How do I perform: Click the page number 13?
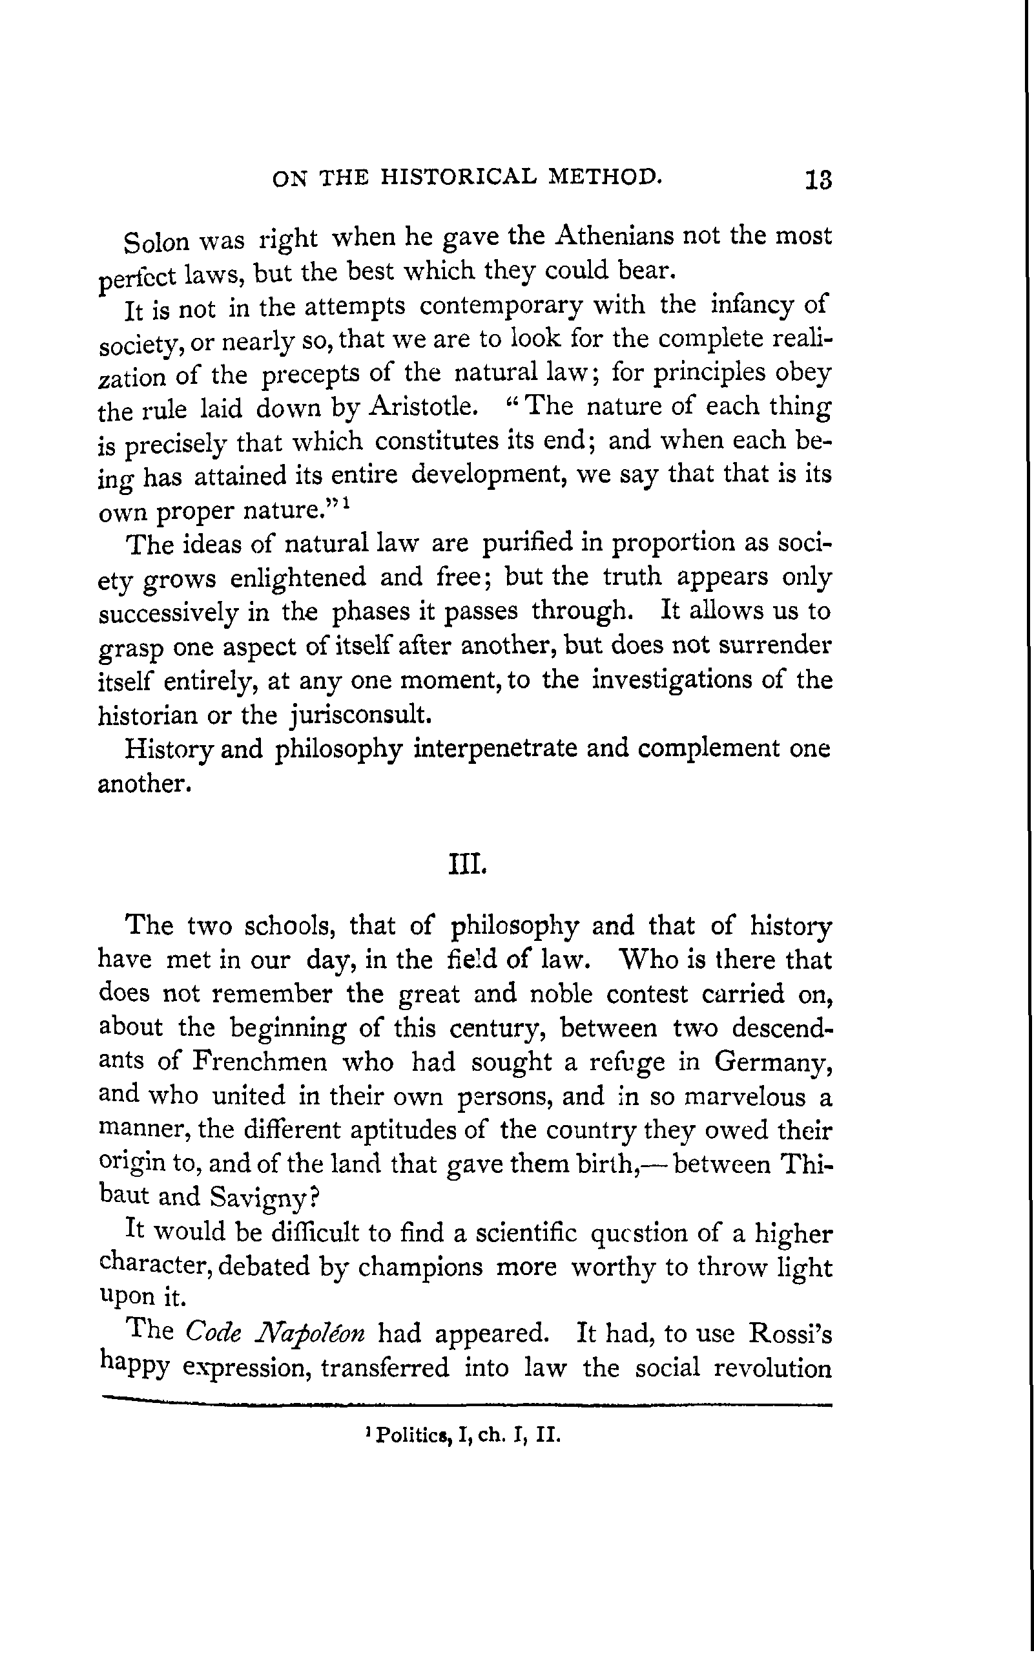point(818,180)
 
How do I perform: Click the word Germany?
point(773,1061)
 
